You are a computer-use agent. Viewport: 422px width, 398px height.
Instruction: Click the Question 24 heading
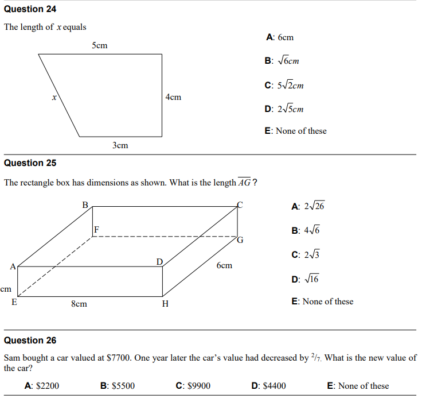click(30, 9)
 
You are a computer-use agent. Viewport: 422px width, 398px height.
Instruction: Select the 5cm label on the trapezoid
click(99, 45)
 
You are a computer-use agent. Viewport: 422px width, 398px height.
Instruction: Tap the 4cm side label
click(173, 97)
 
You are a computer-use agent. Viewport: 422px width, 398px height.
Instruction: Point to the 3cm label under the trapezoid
click(120, 145)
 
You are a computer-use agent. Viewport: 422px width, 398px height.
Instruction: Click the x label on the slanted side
click(54, 98)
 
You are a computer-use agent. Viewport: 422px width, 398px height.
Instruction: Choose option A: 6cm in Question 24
click(280, 37)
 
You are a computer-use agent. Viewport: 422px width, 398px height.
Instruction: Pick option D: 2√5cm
click(284, 109)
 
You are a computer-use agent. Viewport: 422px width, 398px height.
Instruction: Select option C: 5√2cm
click(284, 85)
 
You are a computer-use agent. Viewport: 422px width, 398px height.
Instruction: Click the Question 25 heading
click(30, 163)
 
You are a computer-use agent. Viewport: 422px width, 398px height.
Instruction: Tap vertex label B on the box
click(85, 204)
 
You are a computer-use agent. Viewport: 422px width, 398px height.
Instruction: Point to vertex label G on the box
click(240, 241)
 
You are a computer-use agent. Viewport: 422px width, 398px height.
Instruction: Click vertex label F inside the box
click(97, 229)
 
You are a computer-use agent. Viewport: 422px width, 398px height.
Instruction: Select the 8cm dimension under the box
click(79, 304)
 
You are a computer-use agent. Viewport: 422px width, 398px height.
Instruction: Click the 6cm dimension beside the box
click(224, 265)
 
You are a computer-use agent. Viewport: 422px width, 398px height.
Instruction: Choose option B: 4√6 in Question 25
click(305, 230)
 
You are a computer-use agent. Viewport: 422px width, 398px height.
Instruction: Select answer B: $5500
click(117, 386)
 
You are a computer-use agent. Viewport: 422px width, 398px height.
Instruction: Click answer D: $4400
click(268, 386)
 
